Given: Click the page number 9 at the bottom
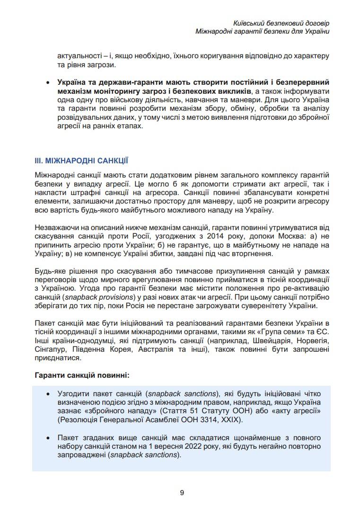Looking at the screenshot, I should [182, 492].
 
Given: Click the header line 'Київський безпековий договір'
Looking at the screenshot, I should [281, 23].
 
